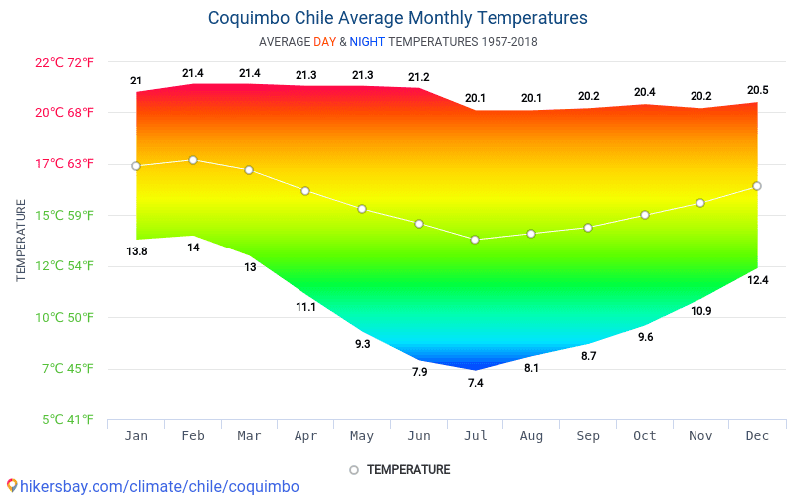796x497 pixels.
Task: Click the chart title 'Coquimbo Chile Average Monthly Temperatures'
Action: tap(397, 18)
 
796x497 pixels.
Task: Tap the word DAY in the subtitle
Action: tap(324, 42)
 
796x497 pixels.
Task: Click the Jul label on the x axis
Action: tap(475, 437)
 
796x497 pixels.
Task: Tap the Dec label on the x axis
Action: tap(757, 437)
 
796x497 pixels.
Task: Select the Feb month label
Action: tap(193, 437)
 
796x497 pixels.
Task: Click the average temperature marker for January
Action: tap(136, 166)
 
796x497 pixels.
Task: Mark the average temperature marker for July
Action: tap(475, 240)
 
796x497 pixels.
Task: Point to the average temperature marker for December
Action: tap(757, 186)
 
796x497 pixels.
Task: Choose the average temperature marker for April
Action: tap(305, 191)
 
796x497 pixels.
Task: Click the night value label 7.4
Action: tap(475, 383)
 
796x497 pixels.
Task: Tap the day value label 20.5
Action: tap(757, 90)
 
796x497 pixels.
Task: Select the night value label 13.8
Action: tap(136, 251)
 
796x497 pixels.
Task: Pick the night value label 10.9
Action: tap(700, 311)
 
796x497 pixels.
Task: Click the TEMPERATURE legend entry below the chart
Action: tap(399, 469)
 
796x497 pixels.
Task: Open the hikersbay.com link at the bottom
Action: tap(150, 486)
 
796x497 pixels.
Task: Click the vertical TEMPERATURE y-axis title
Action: tap(21, 241)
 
